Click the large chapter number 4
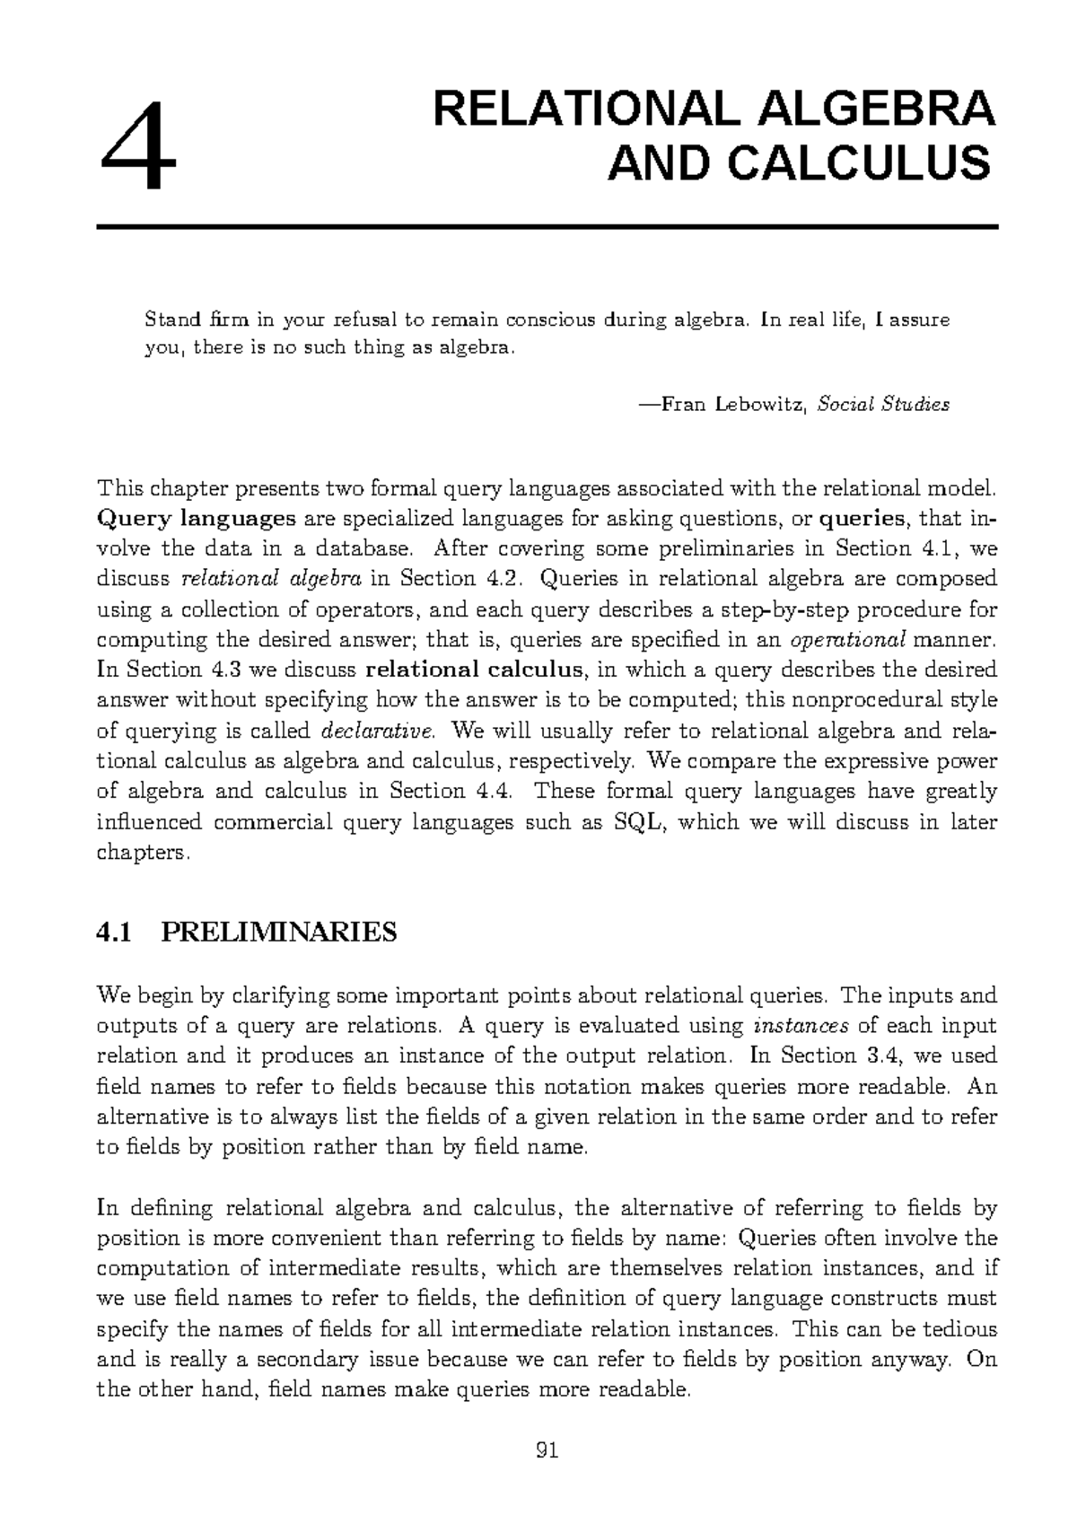[138, 146]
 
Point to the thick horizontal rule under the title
[547, 227]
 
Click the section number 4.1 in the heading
[114, 933]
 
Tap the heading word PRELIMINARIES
[278, 933]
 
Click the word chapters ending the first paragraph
[141, 853]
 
